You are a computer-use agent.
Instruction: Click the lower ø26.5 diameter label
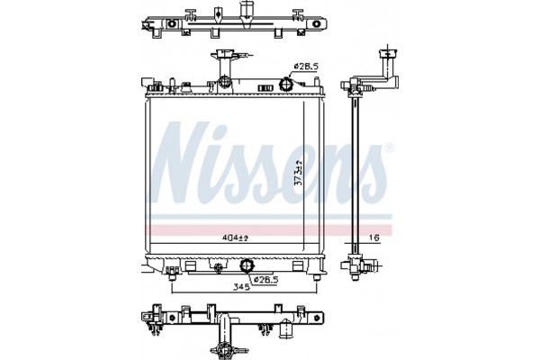pyautogui.click(x=268, y=280)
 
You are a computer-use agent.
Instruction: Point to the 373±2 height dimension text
pyautogui.click(x=298, y=171)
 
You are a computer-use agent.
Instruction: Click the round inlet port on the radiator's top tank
pyautogui.click(x=287, y=85)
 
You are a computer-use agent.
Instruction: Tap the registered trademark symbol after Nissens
pyautogui.click(x=388, y=148)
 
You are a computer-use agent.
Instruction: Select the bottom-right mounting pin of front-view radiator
pyautogui.click(x=314, y=282)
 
